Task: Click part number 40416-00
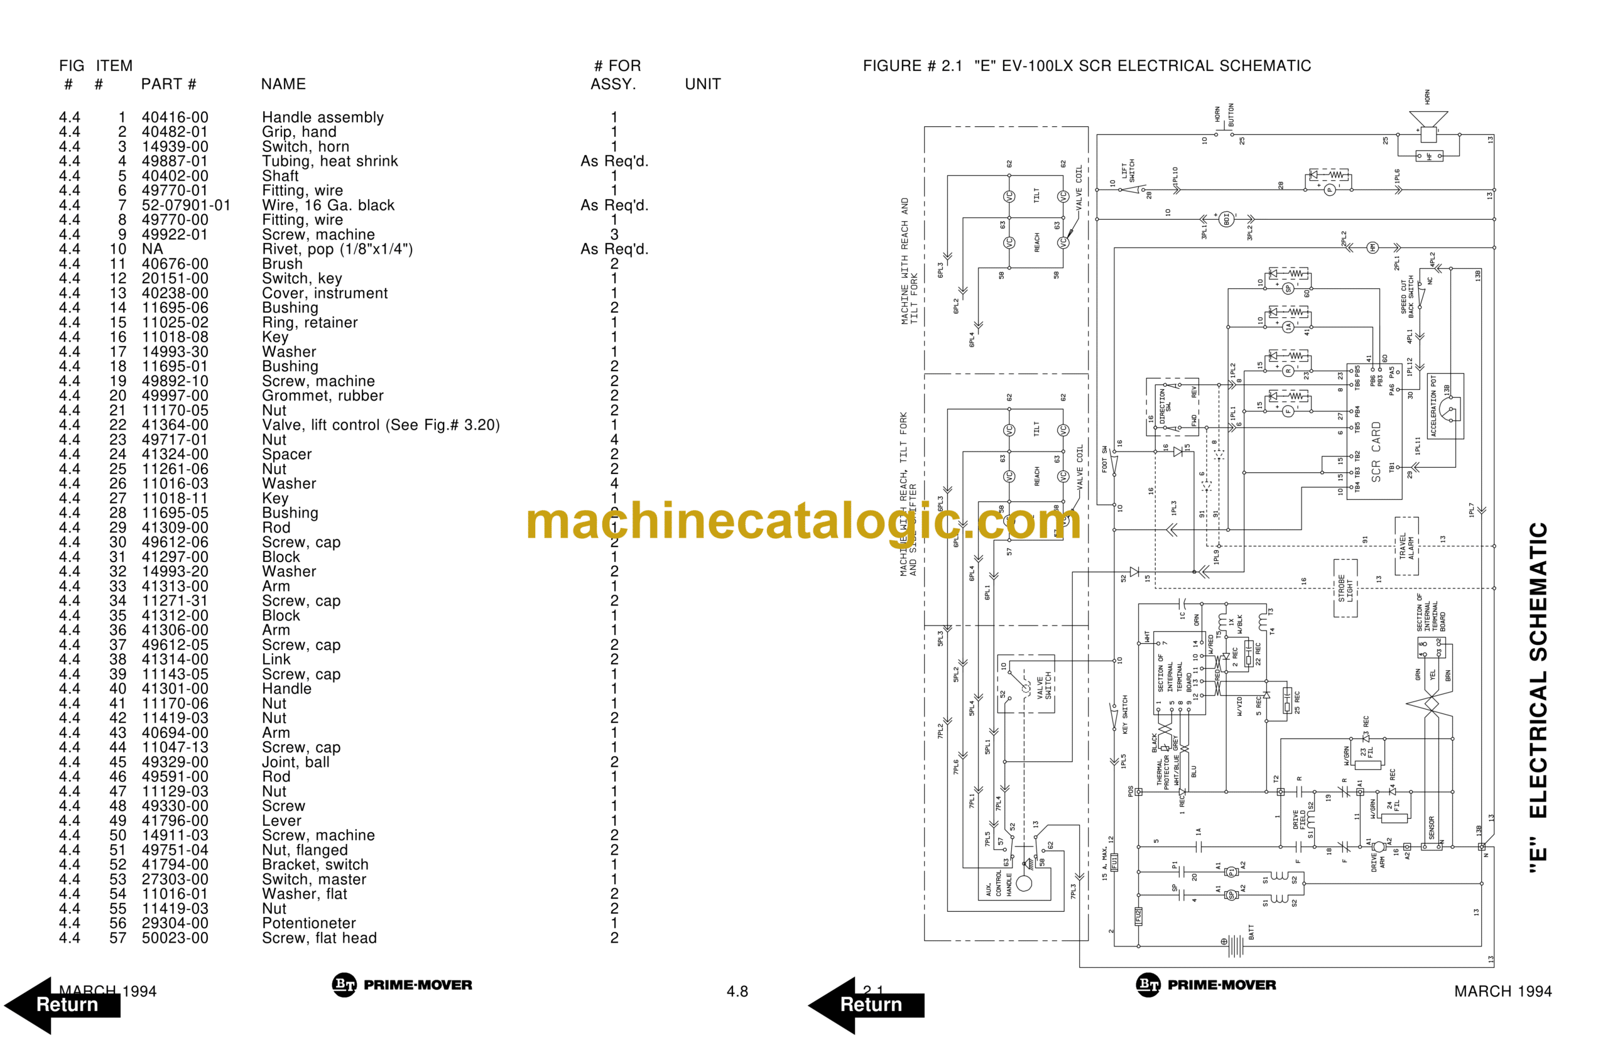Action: point(175,117)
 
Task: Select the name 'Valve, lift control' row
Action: point(380,425)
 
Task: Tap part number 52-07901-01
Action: point(186,205)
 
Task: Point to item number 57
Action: point(117,938)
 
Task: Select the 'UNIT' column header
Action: point(702,84)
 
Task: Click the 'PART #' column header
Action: point(168,84)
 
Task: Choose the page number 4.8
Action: point(737,992)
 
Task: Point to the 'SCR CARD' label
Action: point(1376,452)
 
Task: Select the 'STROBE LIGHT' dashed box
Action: point(1345,588)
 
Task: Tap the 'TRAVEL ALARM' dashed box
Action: point(1406,546)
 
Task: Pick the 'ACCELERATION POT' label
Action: point(1434,406)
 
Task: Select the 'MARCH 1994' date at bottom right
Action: point(1502,992)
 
